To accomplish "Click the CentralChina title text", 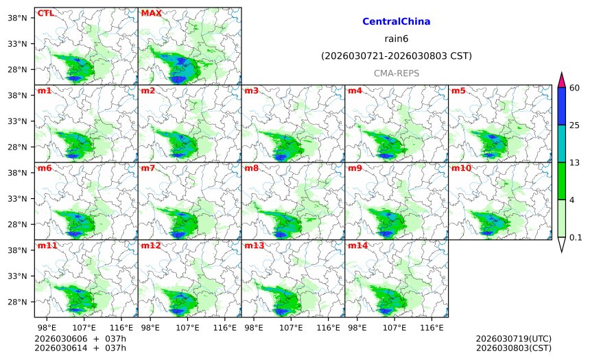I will click(396, 22).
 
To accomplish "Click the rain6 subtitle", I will click(396, 39).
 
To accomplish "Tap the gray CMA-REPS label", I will click(396, 73).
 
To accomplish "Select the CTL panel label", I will click(45, 13).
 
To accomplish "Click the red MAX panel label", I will click(151, 13).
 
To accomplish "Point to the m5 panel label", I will click(458, 91).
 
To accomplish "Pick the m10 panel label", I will click(461, 168).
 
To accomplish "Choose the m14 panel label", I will click(357, 245).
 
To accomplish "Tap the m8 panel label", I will click(252, 168).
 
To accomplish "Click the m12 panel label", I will click(151, 245).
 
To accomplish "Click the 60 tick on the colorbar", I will click(575, 87).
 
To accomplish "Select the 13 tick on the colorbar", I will click(575, 162).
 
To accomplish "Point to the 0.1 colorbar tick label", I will click(576, 238).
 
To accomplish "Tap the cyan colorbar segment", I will click(560, 143).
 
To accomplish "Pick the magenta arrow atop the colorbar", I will click(560, 80).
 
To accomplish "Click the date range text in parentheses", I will click(396, 56).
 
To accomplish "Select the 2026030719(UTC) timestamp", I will click(513, 339).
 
